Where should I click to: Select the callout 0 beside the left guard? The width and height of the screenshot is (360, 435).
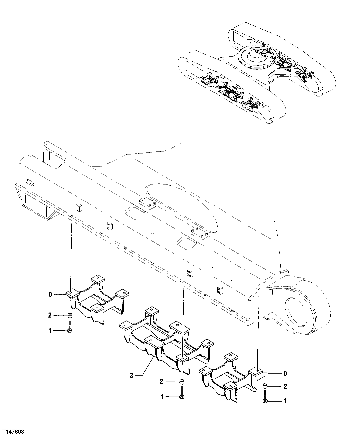50,294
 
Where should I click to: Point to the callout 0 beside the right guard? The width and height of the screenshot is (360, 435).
285,373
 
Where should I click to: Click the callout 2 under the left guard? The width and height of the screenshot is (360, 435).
50,315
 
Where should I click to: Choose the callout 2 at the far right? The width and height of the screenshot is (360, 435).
285,387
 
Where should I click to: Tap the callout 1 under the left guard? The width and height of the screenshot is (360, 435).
50,331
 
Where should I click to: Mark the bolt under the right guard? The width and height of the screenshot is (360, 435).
265,397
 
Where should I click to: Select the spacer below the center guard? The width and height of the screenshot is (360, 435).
182,382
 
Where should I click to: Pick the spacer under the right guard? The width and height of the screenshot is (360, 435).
266,386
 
